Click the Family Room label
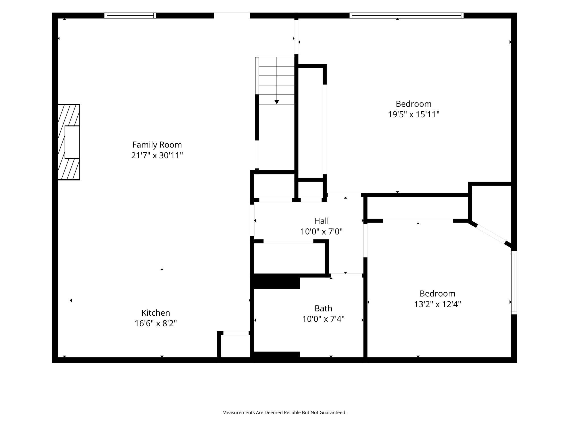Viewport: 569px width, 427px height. tap(157, 145)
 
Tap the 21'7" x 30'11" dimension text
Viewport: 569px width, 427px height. tap(157, 155)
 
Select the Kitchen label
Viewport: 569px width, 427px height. tap(156, 313)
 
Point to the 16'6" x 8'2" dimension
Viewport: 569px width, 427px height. tap(156, 323)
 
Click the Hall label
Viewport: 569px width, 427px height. tap(321, 221)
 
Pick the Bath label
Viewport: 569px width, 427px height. tap(323, 308)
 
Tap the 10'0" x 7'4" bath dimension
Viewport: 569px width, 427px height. tap(323, 319)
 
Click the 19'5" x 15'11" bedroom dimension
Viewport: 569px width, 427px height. tap(414, 114)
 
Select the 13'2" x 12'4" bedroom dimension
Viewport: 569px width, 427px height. tap(438, 304)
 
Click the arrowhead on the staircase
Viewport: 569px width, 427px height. tap(277, 102)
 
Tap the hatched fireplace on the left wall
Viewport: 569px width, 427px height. tap(69, 142)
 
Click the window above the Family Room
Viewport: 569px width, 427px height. tap(130, 16)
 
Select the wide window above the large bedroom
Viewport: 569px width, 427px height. tap(407, 16)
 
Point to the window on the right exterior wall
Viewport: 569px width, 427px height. tap(514, 283)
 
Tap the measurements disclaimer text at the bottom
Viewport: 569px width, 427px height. tap(284, 412)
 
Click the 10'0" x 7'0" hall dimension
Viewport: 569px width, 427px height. tap(321, 231)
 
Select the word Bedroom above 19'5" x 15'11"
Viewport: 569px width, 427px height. tap(414, 104)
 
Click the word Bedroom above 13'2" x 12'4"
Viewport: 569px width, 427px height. tap(438, 293)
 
